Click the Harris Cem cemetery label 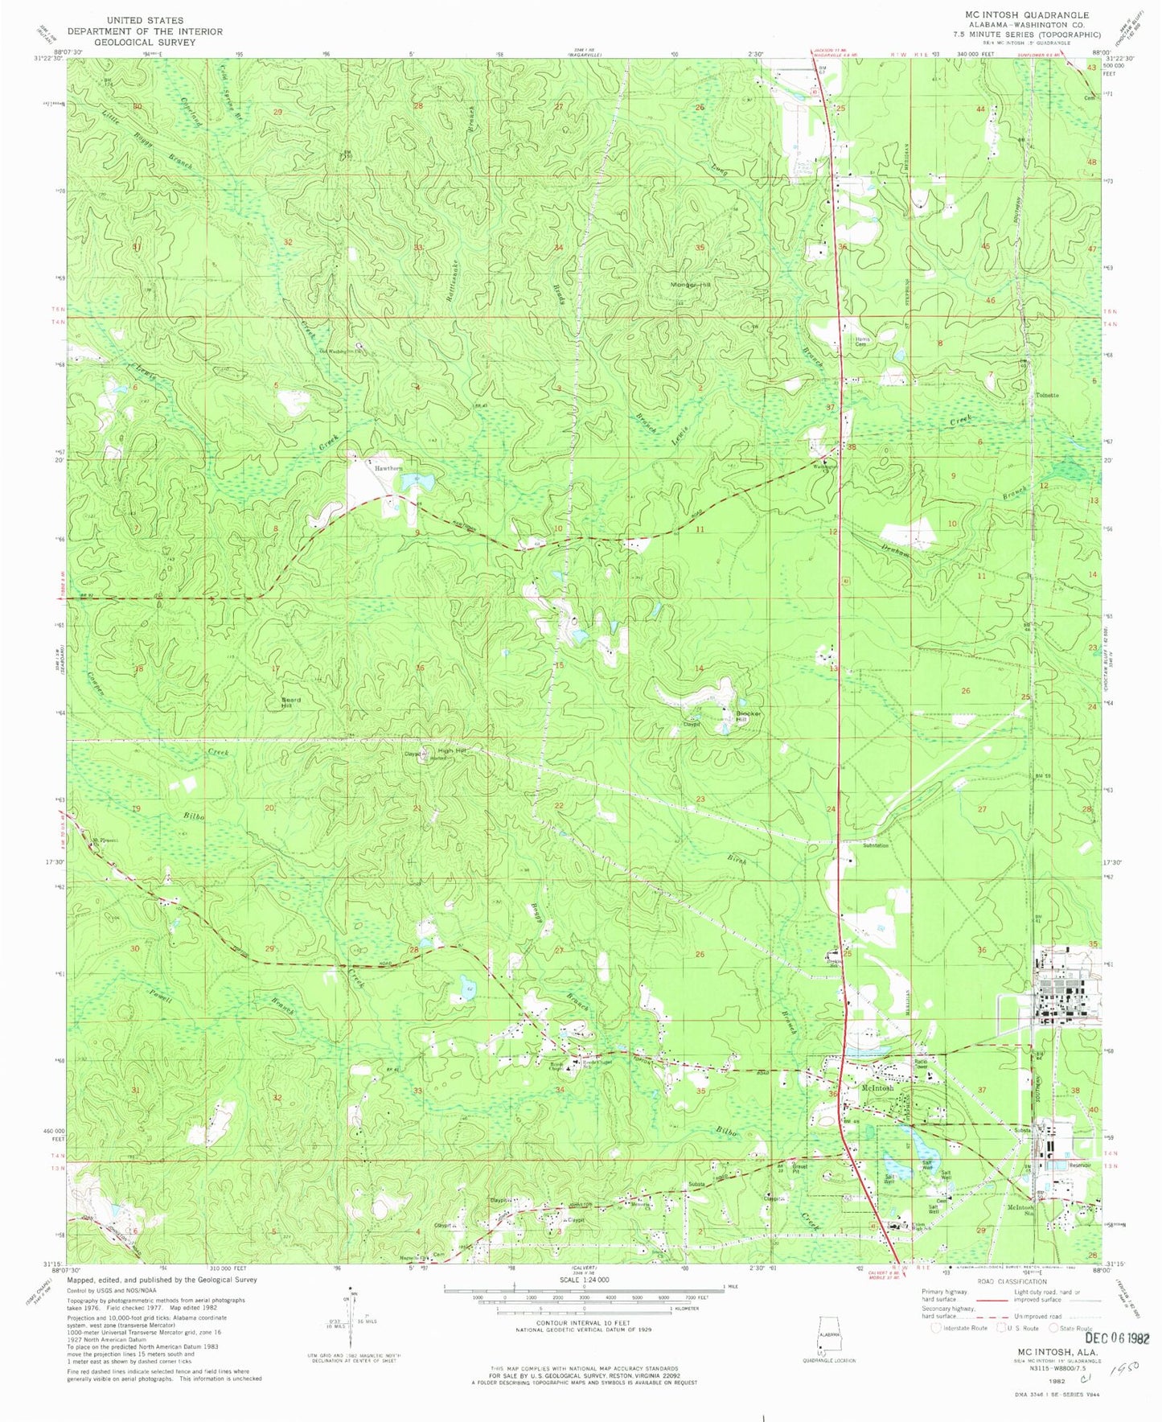click(x=863, y=341)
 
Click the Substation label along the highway click(x=876, y=845)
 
